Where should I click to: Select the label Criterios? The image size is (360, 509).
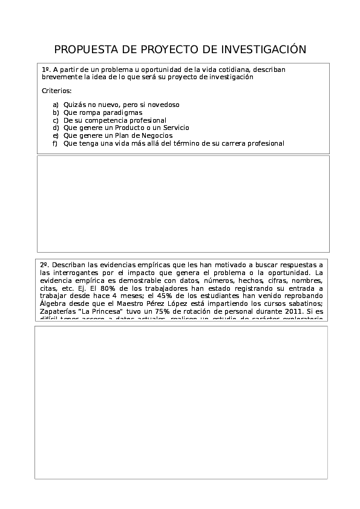(x=56, y=91)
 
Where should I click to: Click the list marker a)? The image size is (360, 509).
(x=56, y=105)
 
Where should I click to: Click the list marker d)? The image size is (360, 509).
(x=56, y=128)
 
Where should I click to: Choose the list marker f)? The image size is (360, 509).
(x=55, y=144)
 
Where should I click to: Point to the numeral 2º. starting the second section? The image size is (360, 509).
(x=45, y=265)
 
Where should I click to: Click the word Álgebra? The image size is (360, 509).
(x=53, y=305)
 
